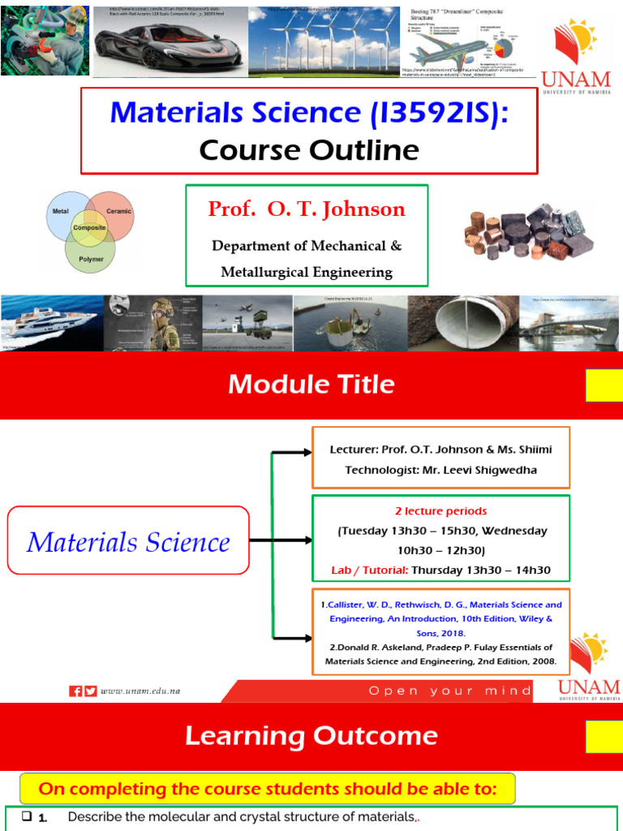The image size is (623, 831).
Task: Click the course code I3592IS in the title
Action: (436, 113)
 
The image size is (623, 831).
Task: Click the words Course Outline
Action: (309, 150)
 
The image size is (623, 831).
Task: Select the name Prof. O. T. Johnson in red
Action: (307, 209)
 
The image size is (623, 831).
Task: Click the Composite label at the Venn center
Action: (90, 228)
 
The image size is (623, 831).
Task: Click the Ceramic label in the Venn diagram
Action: (118, 211)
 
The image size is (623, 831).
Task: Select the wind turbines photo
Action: (324, 41)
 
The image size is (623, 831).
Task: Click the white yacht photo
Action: (51, 324)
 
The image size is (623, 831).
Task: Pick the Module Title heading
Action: (311, 385)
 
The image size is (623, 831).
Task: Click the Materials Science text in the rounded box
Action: (128, 541)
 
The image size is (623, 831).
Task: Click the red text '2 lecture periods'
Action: (440, 511)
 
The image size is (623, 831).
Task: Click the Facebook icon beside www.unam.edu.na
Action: (75, 691)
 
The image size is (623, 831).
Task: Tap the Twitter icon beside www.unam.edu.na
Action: (90, 691)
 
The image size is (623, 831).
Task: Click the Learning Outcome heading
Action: (311, 737)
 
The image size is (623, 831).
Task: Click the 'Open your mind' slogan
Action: (450, 691)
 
